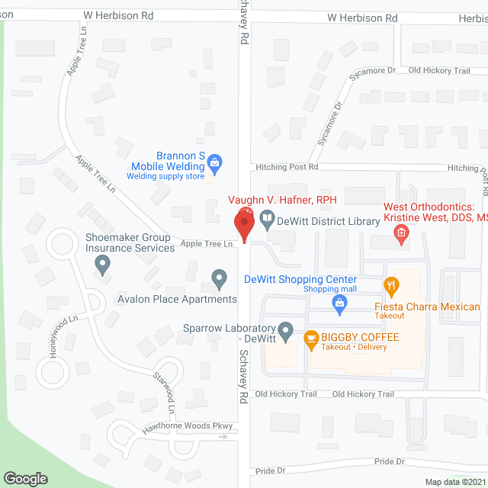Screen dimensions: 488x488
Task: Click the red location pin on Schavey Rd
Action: [244, 223]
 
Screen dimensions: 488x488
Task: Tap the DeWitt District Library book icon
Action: [267, 221]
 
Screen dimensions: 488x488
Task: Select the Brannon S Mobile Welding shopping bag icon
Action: [215, 161]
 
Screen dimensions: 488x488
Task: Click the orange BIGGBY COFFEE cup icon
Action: [311, 338]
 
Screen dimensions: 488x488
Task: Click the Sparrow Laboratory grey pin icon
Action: [286, 331]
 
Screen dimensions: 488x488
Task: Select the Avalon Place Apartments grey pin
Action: [220, 280]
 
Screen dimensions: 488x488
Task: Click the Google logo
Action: [25, 478]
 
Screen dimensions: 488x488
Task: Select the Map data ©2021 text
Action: [454, 482]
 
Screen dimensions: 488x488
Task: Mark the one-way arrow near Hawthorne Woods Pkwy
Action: [223, 438]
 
